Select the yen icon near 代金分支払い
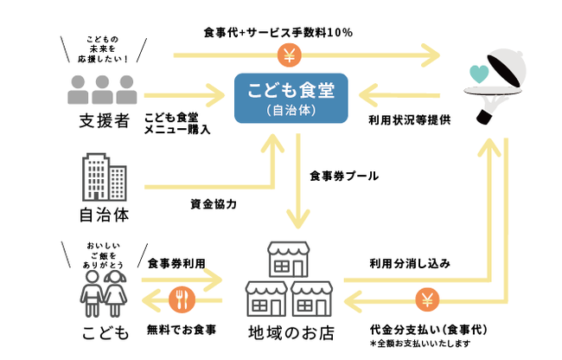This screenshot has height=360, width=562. pyautogui.click(x=427, y=300)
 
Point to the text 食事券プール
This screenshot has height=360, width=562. pyautogui.click(x=344, y=177)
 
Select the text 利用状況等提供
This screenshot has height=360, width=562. pyautogui.click(x=410, y=119)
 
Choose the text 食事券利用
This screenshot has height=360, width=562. pyautogui.click(x=176, y=262)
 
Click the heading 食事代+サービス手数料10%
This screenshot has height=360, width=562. pyautogui.click(x=278, y=33)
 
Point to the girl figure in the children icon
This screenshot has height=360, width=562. pyautogui.click(x=115, y=287)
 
